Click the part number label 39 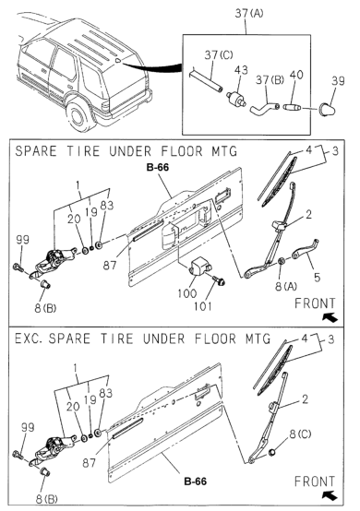pyautogui.click(x=338, y=81)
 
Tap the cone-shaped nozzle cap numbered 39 pyautogui.click(x=326, y=110)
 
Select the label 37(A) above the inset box pyautogui.click(x=249, y=13)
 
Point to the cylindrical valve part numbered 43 pyautogui.click(x=236, y=98)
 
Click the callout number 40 pyautogui.click(x=295, y=75)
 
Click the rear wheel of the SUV pyautogui.click(x=78, y=115)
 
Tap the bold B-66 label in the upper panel pyautogui.click(x=158, y=168)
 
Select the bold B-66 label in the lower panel pyautogui.click(x=196, y=481)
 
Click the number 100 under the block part pyautogui.click(x=187, y=293)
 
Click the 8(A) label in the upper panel pyautogui.click(x=286, y=287)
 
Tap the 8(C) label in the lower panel pyautogui.click(x=300, y=434)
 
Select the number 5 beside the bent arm pyautogui.click(x=317, y=278)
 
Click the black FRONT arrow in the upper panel pyautogui.click(x=330, y=317)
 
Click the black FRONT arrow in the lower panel pyautogui.click(x=330, y=495)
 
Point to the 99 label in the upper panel pyautogui.click(x=23, y=240)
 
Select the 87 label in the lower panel pyautogui.click(x=89, y=463)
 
